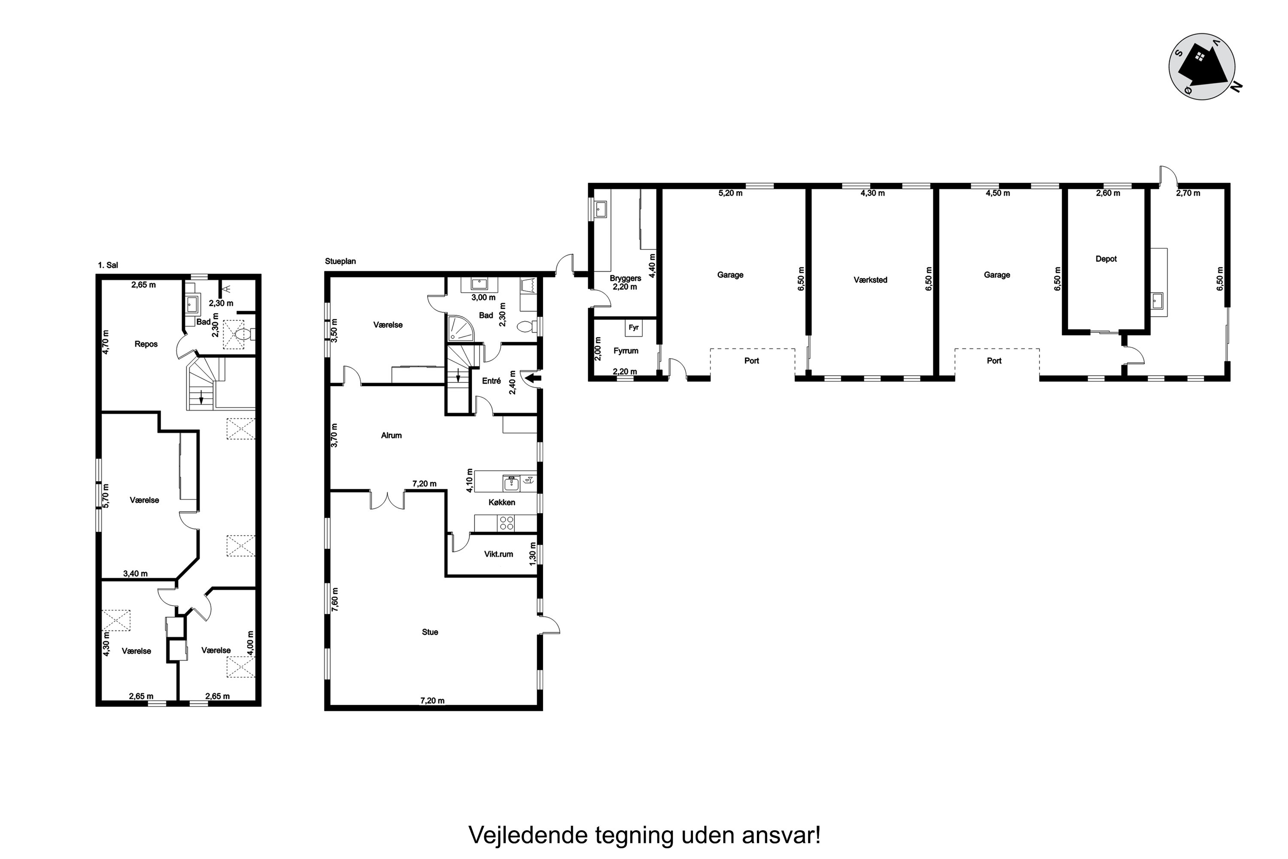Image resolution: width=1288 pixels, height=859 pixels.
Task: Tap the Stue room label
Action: click(x=430, y=632)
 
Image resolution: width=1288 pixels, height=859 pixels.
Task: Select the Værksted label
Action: click(x=870, y=280)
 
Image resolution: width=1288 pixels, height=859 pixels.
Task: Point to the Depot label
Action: click(x=1106, y=259)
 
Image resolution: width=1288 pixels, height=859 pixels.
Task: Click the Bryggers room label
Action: click(x=626, y=278)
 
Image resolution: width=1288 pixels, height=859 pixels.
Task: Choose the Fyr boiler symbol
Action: click(x=634, y=328)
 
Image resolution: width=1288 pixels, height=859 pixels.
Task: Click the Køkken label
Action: click(x=501, y=503)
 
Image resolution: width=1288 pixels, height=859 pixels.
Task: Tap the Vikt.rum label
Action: click(x=498, y=554)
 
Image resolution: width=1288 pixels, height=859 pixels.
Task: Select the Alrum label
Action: click(x=392, y=436)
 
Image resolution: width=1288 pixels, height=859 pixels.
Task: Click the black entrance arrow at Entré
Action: click(x=533, y=378)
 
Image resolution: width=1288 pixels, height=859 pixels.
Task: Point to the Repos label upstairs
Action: click(x=146, y=344)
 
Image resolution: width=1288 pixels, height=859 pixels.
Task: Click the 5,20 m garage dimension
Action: click(x=731, y=193)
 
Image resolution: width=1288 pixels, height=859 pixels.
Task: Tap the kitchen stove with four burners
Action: click(x=506, y=524)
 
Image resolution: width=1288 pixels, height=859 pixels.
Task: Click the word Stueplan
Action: click(x=340, y=261)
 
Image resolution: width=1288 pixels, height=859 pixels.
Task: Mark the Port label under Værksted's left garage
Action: click(x=751, y=361)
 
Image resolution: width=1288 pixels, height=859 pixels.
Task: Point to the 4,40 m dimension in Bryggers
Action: click(x=652, y=266)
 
